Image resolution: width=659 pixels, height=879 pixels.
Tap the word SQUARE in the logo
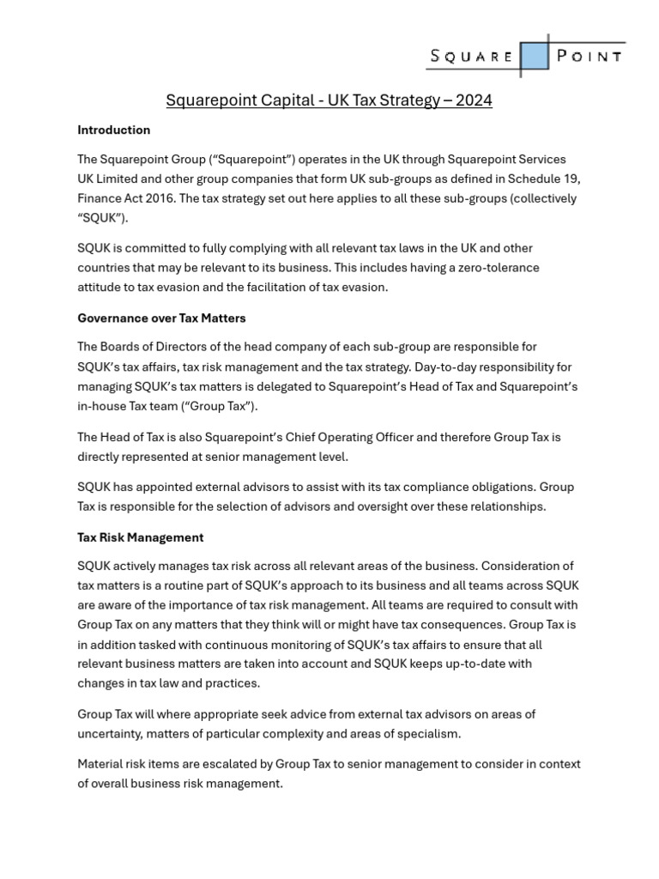471,57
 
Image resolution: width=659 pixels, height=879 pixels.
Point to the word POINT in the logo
589,57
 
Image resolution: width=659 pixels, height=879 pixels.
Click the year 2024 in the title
474,100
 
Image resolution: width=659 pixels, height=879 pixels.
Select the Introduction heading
113,130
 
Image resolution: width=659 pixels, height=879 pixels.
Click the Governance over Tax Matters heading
161,318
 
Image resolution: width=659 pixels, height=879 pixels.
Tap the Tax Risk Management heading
140,537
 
